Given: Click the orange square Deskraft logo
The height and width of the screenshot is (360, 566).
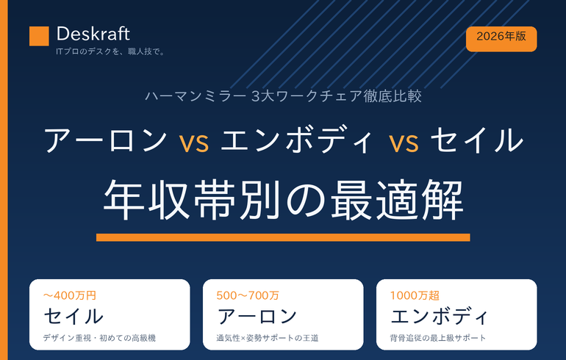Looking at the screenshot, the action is tap(39, 36).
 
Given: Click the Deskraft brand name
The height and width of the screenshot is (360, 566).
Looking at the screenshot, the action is tap(93, 35).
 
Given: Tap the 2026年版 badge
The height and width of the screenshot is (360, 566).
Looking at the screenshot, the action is tap(501, 39).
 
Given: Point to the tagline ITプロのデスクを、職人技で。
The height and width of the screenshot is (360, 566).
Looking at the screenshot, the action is tap(110, 51).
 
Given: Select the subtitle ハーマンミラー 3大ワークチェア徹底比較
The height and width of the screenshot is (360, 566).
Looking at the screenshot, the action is tap(283, 96).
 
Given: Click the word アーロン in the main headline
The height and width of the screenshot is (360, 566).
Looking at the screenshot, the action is tap(105, 140).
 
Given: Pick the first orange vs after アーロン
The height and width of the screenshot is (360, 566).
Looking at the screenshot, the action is tap(194, 142).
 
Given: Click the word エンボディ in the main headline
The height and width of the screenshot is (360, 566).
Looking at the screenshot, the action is tap(297, 140).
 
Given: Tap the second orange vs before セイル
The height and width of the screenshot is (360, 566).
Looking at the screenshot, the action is tap(404, 142).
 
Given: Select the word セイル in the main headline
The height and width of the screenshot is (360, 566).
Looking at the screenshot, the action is tap(476, 140).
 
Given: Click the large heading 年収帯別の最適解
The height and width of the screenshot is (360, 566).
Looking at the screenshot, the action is tap(283, 200).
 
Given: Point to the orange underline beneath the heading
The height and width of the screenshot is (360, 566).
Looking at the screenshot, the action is tap(283, 237).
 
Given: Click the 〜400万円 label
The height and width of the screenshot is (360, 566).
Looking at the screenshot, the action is tap(70, 296).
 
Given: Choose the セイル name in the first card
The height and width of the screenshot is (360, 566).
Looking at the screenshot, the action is tap(74, 316).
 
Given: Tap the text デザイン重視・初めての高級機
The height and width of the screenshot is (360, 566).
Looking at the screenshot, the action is tap(100, 338).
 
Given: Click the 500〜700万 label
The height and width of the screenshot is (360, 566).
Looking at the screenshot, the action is tap(248, 296).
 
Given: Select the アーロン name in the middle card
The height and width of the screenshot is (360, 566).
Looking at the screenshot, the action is tap(257, 316).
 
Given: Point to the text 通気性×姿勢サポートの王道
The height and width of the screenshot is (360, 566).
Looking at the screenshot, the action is tap(268, 338).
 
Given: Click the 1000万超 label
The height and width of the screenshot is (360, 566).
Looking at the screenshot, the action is tap(415, 296).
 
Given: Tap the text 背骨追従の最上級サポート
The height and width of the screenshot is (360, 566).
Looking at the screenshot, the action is tap(438, 338).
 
